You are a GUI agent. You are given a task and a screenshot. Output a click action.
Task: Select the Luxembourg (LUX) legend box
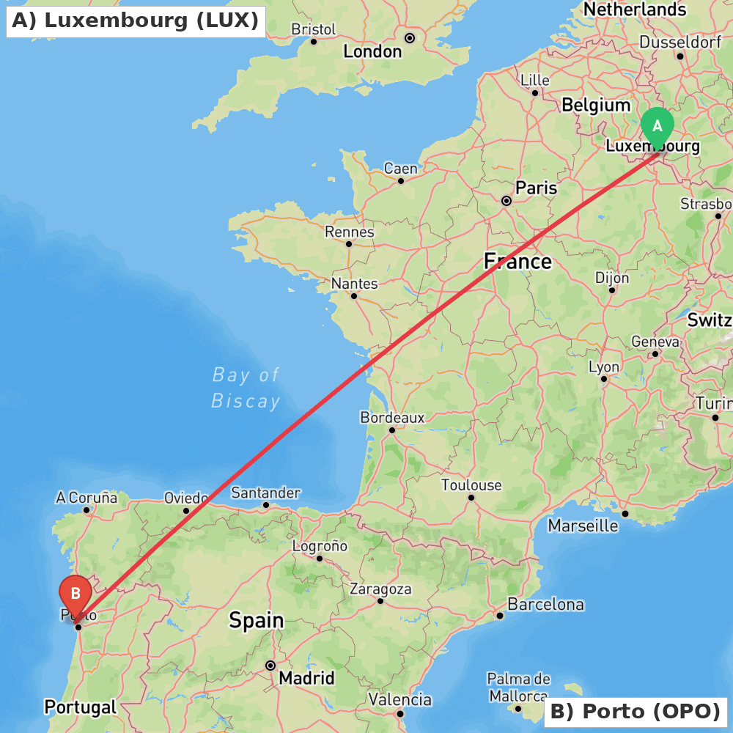[x=136, y=21]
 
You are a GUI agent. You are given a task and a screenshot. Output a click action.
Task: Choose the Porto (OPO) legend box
[x=635, y=711]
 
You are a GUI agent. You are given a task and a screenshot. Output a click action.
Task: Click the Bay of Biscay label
[x=246, y=388]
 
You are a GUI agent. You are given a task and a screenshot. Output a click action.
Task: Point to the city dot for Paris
[x=506, y=200]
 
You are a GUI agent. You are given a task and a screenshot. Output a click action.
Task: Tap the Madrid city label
[x=306, y=678]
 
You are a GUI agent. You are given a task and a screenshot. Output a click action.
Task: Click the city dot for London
[x=410, y=37]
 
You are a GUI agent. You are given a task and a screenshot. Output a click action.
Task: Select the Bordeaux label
[x=392, y=417]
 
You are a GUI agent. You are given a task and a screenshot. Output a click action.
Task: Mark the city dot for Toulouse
[x=471, y=498]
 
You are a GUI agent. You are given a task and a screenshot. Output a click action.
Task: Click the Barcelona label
[x=546, y=605]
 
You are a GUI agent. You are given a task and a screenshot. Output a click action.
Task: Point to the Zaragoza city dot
[x=380, y=601]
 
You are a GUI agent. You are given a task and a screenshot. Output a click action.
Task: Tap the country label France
[x=517, y=262]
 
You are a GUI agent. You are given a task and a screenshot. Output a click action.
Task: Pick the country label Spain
[x=256, y=620]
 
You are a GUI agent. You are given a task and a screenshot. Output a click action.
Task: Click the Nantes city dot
[x=353, y=296]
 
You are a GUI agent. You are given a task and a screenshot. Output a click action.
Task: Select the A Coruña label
[x=86, y=498]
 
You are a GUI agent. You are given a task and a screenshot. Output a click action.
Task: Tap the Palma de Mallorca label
[x=518, y=687]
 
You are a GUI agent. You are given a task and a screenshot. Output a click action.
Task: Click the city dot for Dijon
[x=611, y=290]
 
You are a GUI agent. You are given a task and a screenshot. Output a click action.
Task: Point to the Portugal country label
[x=80, y=707]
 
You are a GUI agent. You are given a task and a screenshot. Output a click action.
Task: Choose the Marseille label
[x=583, y=526]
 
